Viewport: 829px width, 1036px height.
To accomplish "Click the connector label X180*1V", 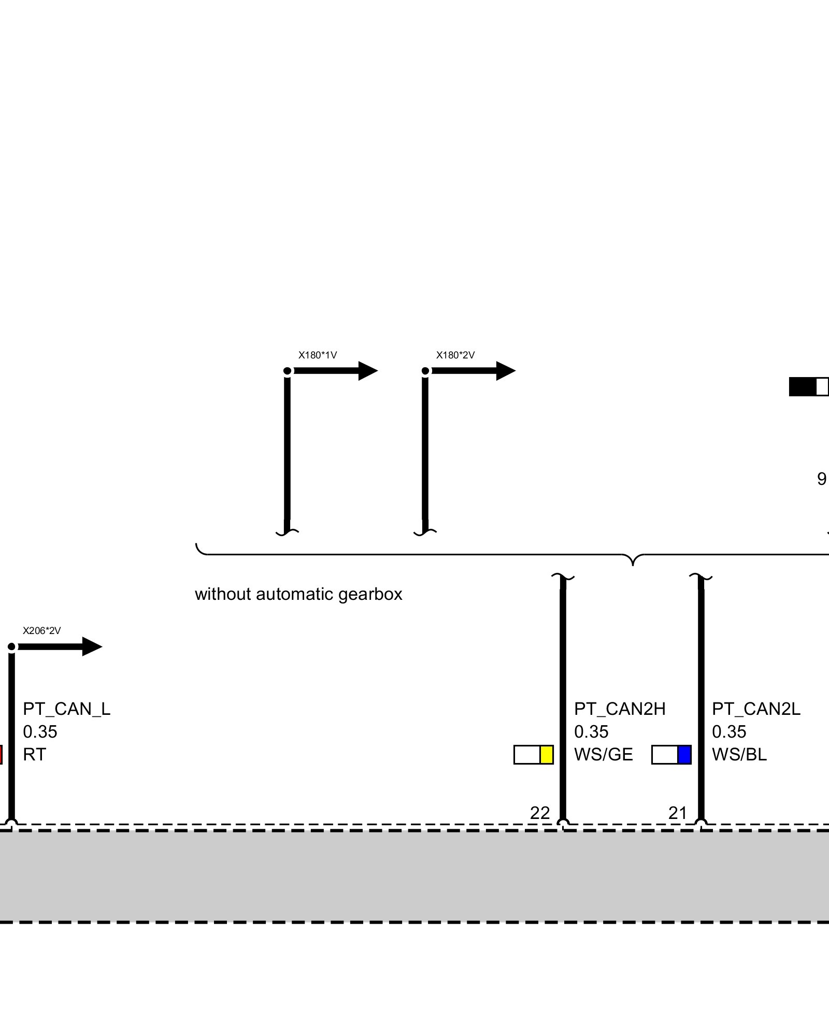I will (x=317, y=355).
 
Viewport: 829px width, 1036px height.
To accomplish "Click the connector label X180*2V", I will (x=455, y=355).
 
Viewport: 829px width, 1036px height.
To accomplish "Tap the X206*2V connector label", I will (x=41, y=631).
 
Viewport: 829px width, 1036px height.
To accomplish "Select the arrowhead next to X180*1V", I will (x=368, y=371).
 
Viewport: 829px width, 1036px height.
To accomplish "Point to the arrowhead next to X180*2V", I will (x=506, y=371).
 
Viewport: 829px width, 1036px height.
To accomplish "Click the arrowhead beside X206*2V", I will (x=92, y=646).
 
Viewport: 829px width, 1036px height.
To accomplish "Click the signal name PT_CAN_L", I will (x=66, y=709).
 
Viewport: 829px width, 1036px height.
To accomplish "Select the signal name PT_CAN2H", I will (x=620, y=709).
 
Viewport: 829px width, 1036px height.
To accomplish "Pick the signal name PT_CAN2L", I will (x=756, y=709).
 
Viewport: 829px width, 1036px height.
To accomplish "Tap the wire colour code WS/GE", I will (x=603, y=755).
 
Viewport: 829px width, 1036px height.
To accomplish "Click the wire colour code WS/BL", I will (x=739, y=755).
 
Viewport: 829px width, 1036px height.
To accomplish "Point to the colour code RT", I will (x=34, y=755).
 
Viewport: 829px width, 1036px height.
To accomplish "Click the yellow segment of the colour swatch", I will (x=547, y=755).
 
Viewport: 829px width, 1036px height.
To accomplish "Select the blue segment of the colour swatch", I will (x=684, y=755).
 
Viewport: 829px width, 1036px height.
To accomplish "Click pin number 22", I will (x=539, y=813).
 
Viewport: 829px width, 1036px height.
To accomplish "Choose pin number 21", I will (x=677, y=813).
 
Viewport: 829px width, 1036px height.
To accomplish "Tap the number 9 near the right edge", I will (x=821, y=479).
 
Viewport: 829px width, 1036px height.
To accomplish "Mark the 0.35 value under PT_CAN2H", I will (x=591, y=732).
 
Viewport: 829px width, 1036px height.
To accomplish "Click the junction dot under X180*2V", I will (x=425, y=371).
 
